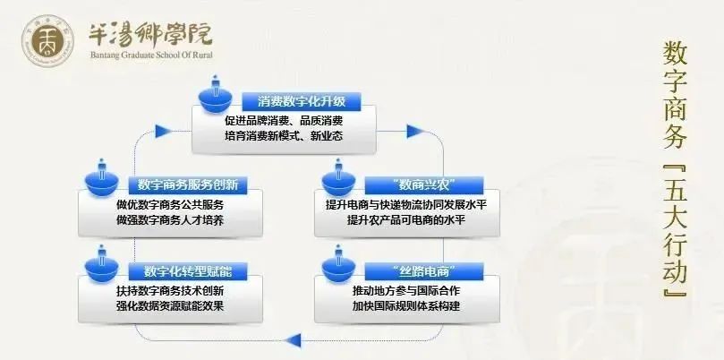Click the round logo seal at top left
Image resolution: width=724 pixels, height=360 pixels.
(48, 40)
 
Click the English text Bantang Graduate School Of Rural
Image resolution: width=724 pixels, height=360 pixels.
(151, 55)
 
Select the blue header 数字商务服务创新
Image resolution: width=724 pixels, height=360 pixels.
(188, 185)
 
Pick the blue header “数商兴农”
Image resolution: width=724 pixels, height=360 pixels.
(424, 185)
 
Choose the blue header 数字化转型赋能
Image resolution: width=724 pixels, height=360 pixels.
(188, 271)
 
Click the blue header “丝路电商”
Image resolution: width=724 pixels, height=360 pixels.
(424, 271)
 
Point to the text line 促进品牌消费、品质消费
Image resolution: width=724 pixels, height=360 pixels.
(284, 121)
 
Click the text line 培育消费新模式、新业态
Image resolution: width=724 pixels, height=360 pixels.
(284, 137)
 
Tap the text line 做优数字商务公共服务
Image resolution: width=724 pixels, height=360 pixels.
(170, 205)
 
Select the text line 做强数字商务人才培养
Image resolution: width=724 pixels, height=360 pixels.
(170, 220)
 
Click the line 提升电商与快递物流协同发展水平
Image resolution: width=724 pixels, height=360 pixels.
(406, 205)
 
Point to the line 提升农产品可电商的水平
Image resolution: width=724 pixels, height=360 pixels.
(406, 220)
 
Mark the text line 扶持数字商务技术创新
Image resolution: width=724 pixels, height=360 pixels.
(170, 291)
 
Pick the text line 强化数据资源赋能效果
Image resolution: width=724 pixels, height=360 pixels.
(170, 306)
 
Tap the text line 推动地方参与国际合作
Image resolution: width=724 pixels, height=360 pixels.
(406, 291)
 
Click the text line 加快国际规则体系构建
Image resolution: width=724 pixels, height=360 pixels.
(406, 306)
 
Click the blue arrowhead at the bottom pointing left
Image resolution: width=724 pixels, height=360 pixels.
(293, 341)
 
